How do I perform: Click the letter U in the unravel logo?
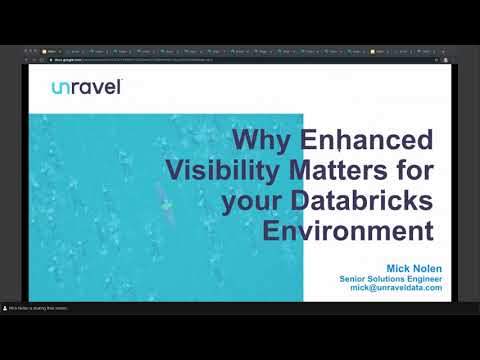pyautogui.click(x=57, y=88)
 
